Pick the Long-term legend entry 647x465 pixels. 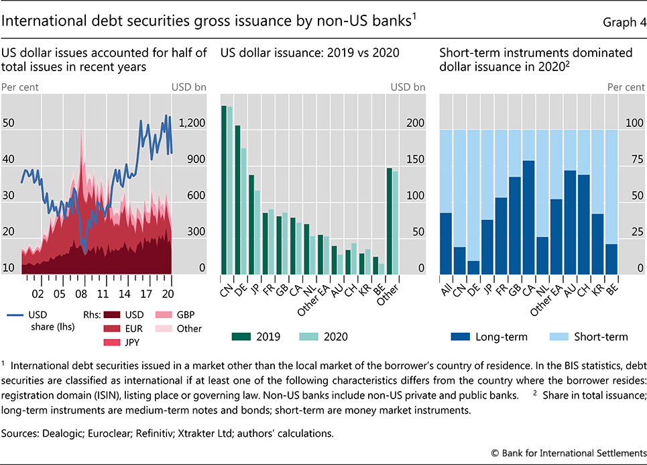pos(477,335)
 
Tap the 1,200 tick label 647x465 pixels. pos(188,123)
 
